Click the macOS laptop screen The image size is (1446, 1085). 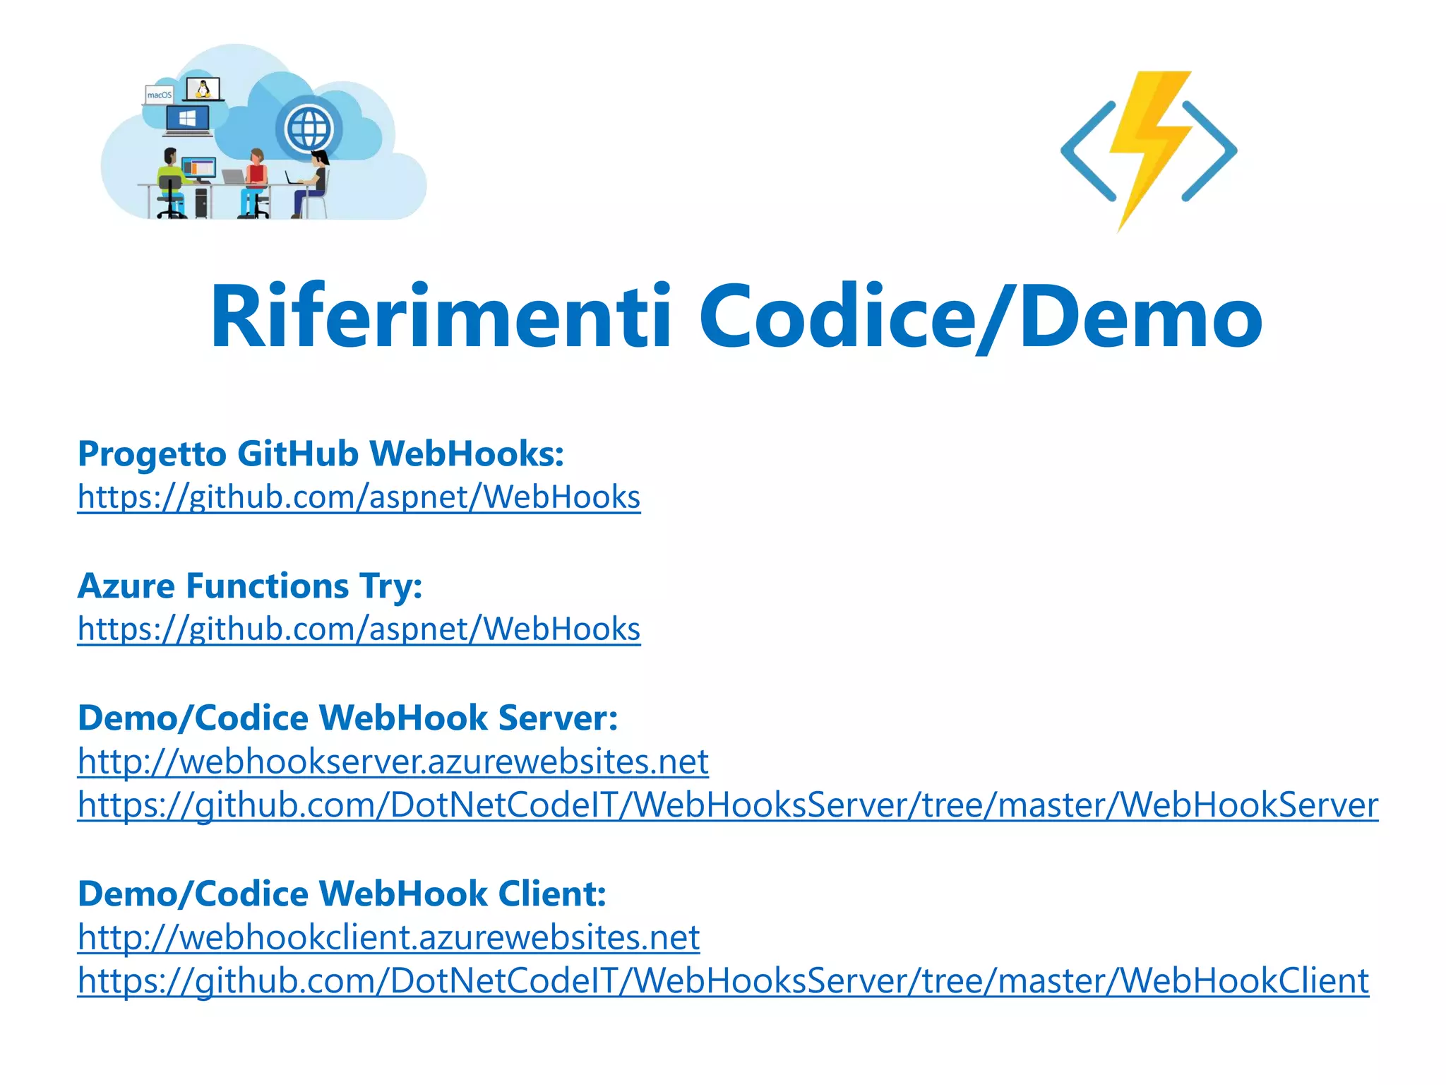[159, 95]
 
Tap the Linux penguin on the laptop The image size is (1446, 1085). [203, 89]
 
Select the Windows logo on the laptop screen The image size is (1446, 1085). [188, 118]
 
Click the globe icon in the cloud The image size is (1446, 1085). [309, 129]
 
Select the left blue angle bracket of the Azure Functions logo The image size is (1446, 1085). [1087, 150]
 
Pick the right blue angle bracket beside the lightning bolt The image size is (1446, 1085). [1210, 150]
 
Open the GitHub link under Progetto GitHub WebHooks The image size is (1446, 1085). [359, 497]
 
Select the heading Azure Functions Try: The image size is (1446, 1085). [250, 586]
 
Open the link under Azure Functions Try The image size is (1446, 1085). [359, 629]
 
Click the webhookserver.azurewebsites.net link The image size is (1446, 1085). [393, 761]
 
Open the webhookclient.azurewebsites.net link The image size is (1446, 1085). [388, 937]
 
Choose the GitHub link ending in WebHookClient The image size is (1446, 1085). [723, 981]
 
